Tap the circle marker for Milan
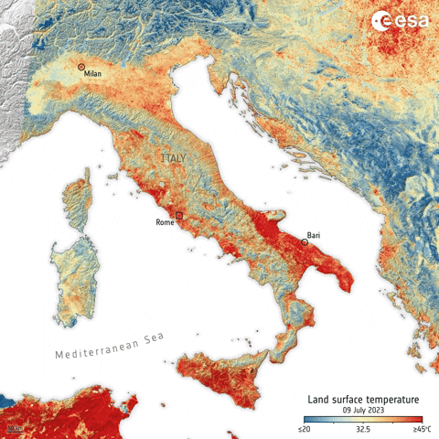click(x=81, y=67)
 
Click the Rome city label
click(x=165, y=222)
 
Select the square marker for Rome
click(x=179, y=215)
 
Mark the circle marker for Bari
click(x=304, y=242)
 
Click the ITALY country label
click(x=173, y=159)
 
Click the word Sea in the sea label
click(x=151, y=337)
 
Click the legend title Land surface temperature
click(x=362, y=400)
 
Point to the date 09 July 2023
click(x=362, y=411)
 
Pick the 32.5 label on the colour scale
click(x=362, y=429)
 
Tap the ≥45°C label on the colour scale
click(x=421, y=429)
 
